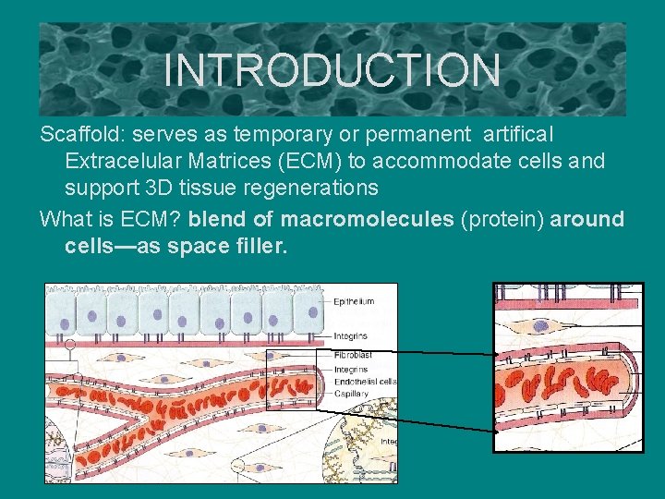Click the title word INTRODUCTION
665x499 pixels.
click(332, 70)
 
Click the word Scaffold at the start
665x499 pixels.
click(75, 135)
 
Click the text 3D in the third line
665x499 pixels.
click(159, 189)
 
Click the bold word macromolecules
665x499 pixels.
click(367, 220)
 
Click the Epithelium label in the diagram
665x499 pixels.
click(354, 301)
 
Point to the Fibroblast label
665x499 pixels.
click(354, 354)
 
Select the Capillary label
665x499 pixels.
click(352, 394)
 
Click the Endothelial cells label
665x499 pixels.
click(366, 381)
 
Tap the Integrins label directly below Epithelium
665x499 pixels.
click(351, 336)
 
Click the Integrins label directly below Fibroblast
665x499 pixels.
click(351, 370)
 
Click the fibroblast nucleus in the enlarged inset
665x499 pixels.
click(541, 326)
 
